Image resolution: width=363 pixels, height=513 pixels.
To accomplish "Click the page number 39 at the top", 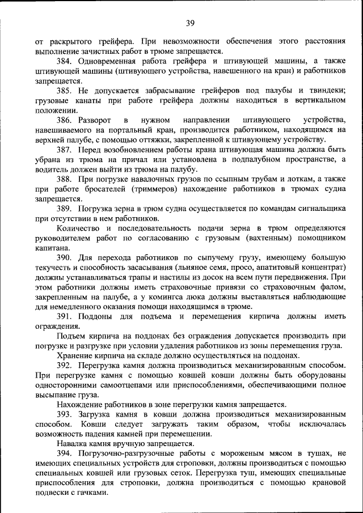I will tap(189, 23).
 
